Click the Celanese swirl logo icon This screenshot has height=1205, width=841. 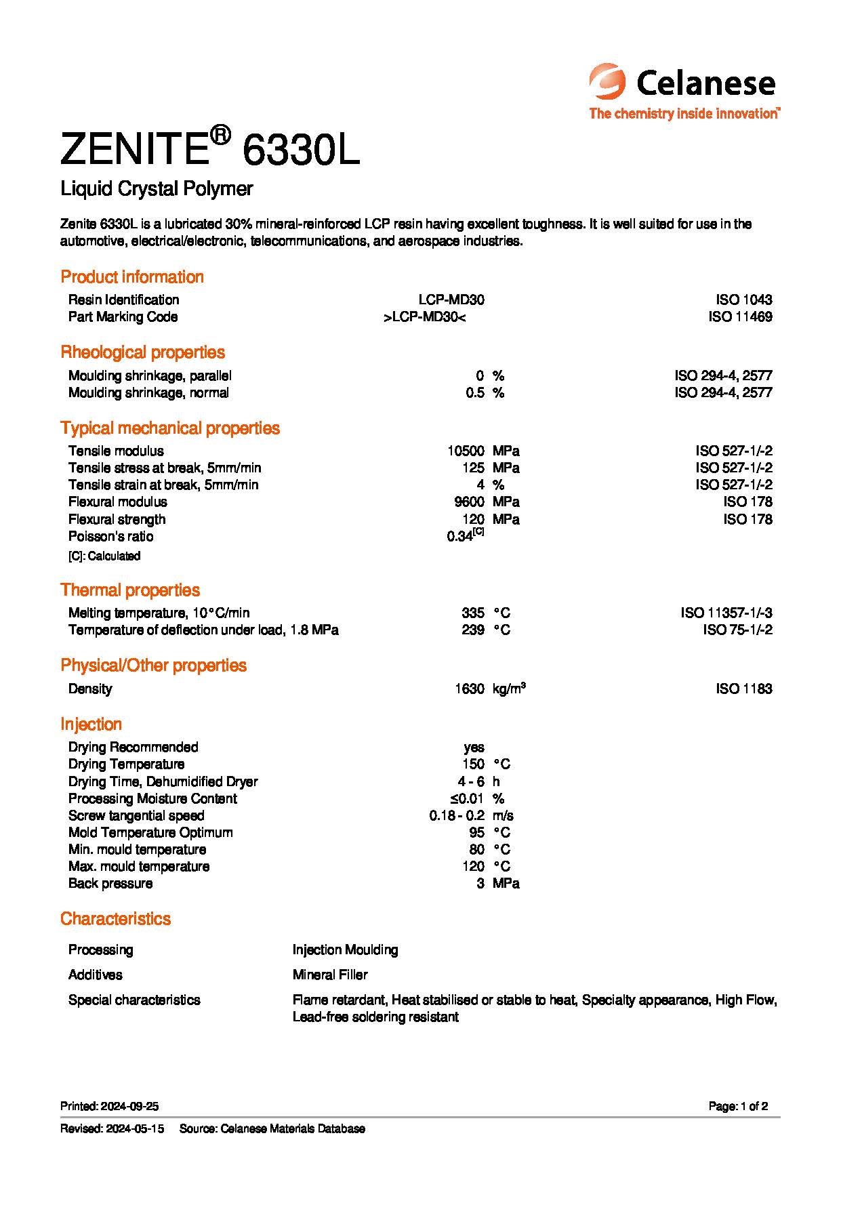(x=607, y=82)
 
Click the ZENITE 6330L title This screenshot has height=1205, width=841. (x=209, y=150)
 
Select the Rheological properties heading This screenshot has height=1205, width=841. (x=142, y=352)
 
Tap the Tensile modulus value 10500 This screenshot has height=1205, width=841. (x=466, y=451)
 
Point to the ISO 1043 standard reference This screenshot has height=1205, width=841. (x=743, y=300)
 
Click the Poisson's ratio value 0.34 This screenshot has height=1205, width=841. (x=460, y=537)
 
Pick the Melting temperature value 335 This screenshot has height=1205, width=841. (x=473, y=613)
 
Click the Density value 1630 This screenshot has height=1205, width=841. (x=470, y=689)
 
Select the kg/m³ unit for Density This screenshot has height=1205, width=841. (x=509, y=689)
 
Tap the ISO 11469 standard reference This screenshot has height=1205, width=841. (x=740, y=316)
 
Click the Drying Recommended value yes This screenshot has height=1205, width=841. (x=474, y=748)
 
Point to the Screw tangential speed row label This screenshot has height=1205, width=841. (x=136, y=816)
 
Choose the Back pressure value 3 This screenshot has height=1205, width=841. (x=480, y=884)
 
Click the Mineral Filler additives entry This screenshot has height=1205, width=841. (x=330, y=975)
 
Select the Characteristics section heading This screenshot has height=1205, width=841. (x=115, y=919)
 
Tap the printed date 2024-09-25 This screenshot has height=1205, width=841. (x=129, y=1107)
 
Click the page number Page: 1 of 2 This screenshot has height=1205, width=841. (x=738, y=1107)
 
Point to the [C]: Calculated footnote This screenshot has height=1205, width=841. (x=104, y=556)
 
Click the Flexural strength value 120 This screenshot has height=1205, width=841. (x=473, y=520)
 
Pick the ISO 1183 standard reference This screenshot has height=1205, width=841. (x=743, y=689)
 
